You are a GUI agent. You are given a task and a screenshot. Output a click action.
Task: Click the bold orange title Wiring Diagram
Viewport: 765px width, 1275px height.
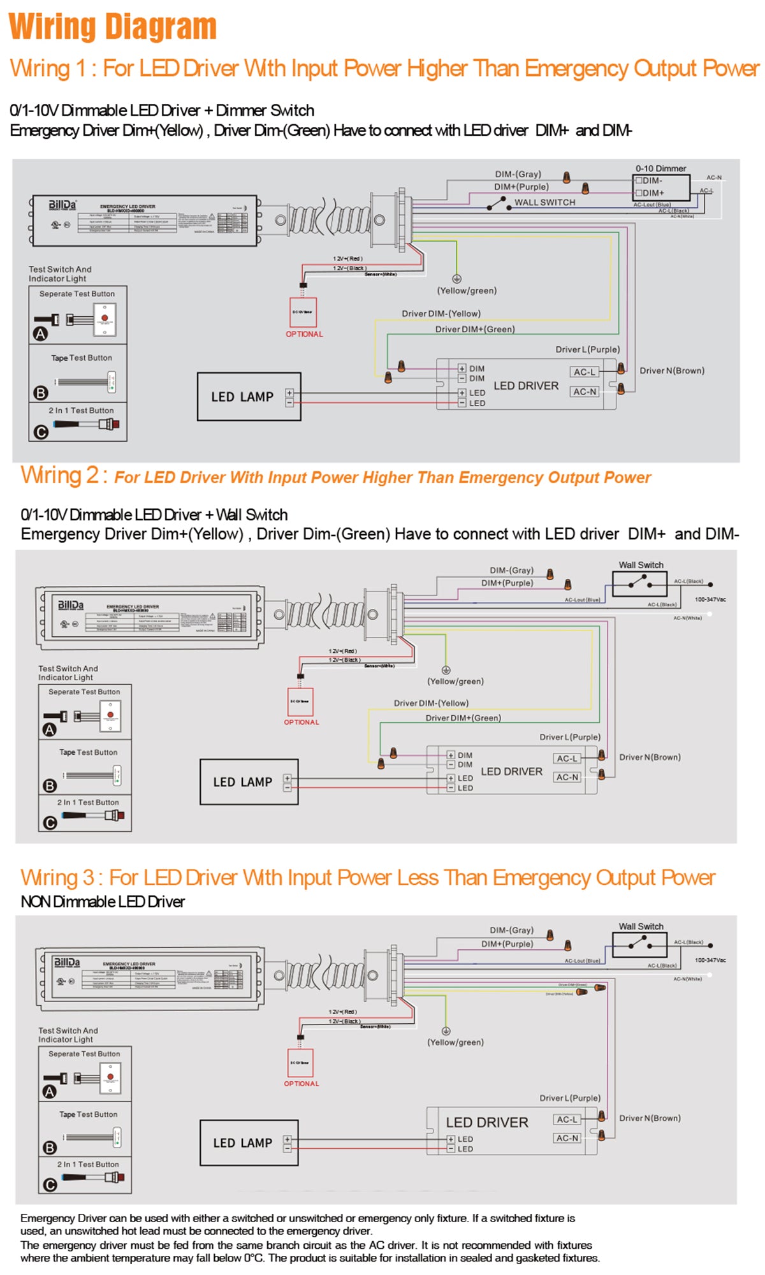pos(113,27)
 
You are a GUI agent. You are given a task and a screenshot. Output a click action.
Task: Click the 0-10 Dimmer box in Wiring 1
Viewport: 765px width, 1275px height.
pos(661,187)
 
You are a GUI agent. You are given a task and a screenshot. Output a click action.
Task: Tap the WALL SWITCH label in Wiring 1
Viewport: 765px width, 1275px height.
pos(544,202)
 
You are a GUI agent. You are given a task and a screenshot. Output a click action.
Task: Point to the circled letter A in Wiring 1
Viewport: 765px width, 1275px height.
pos(40,333)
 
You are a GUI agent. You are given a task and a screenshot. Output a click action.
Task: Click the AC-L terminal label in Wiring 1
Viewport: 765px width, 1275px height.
pos(585,372)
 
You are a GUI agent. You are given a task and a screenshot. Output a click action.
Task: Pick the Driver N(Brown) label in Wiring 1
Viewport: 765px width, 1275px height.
pos(672,370)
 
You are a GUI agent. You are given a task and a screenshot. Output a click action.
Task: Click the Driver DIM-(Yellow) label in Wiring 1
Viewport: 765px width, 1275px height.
pos(441,314)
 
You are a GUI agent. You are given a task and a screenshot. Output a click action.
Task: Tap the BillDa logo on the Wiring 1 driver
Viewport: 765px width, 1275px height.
pos(62,205)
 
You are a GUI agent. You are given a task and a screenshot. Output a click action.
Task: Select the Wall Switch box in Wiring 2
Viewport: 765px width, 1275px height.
pos(639,583)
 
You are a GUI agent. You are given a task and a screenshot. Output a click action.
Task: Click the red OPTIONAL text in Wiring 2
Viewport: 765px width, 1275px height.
pos(302,722)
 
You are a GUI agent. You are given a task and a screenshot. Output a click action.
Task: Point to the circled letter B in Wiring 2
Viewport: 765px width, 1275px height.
pos(50,786)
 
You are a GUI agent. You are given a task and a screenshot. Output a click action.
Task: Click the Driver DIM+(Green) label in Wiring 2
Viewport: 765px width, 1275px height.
pos(463,718)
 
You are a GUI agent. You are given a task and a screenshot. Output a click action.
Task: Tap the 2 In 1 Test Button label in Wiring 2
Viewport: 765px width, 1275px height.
pos(88,803)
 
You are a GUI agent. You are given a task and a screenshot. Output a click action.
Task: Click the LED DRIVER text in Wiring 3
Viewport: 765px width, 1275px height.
pos(487,1123)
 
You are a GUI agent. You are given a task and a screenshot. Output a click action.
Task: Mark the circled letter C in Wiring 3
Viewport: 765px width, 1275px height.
pos(50,1185)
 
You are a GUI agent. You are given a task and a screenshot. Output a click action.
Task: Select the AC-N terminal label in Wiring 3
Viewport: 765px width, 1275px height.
pos(567,1138)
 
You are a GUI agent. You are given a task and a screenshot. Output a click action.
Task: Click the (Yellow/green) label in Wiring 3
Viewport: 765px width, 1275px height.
pos(455,1042)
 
